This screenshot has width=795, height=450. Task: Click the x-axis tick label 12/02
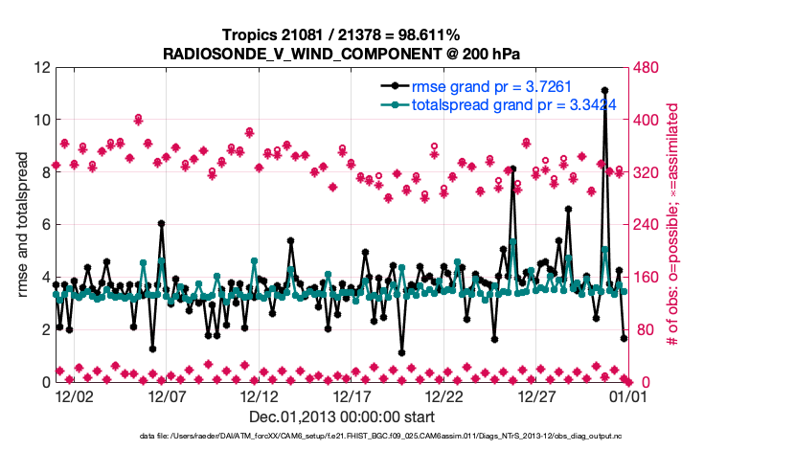[74, 394]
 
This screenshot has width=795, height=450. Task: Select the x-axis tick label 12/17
[352, 394]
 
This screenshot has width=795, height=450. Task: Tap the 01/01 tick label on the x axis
[631, 394]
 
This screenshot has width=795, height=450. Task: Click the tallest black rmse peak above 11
[604, 91]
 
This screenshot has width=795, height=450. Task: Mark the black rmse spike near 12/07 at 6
[161, 224]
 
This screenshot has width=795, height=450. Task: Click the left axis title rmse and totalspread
[22, 225]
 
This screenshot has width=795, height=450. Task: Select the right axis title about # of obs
[672, 225]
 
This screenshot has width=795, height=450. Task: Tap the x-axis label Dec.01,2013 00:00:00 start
[342, 416]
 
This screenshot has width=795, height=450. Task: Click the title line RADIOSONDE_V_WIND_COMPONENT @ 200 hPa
[342, 52]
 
